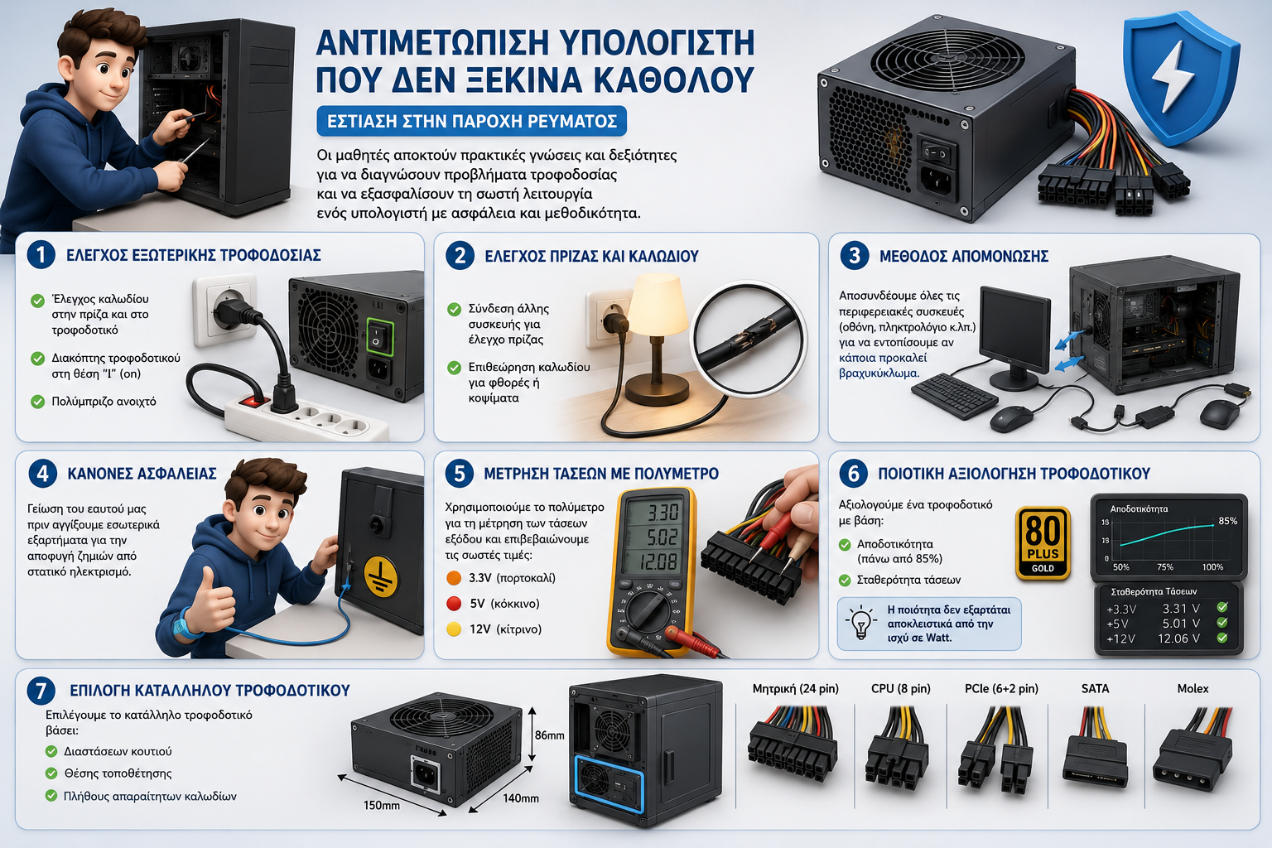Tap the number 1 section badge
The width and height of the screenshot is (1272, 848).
pyautogui.click(x=41, y=254)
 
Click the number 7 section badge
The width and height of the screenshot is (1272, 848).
pyautogui.click(x=41, y=691)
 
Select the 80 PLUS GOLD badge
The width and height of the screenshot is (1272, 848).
pyautogui.click(x=1043, y=543)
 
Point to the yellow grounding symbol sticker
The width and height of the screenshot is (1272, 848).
pyautogui.click(x=381, y=578)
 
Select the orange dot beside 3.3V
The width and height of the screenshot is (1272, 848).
pyautogui.click(x=454, y=578)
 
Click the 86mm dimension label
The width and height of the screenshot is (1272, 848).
pyautogui.click(x=549, y=735)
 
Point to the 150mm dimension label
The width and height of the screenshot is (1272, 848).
pyautogui.click(x=381, y=806)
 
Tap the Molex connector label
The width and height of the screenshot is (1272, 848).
pyautogui.click(x=1192, y=688)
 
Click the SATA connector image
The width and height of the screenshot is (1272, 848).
pyautogui.click(x=1095, y=749)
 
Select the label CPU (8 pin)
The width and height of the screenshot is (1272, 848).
pyautogui.click(x=901, y=689)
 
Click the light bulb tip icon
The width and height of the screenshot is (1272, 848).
pyautogui.click(x=861, y=623)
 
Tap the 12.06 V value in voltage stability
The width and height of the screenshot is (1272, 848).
pyautogui.click(x=1179, y=638)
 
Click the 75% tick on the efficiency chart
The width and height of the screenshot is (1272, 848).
pyautogui.click(x=1164, y=566)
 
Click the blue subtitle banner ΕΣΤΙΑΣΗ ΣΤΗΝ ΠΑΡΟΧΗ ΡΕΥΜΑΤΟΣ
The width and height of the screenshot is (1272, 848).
pyautogui.click(x=471, y=121)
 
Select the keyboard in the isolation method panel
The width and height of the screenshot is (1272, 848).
pyautogui.click(x=954, y=395)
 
